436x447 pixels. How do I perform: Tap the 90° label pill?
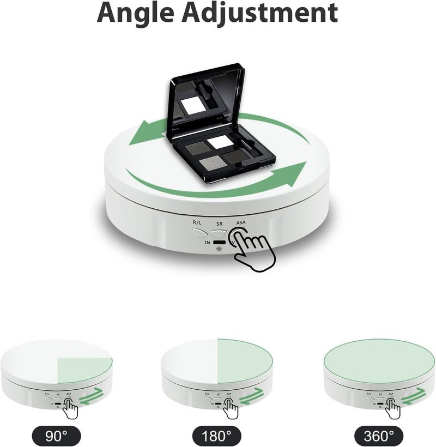57,436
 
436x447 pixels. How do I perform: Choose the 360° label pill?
379,436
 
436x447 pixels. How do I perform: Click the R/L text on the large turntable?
197,223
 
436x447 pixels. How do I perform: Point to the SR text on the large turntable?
219,224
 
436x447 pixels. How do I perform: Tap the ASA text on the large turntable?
241,223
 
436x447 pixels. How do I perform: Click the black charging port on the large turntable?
220,242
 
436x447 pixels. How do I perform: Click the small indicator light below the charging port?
219,250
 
